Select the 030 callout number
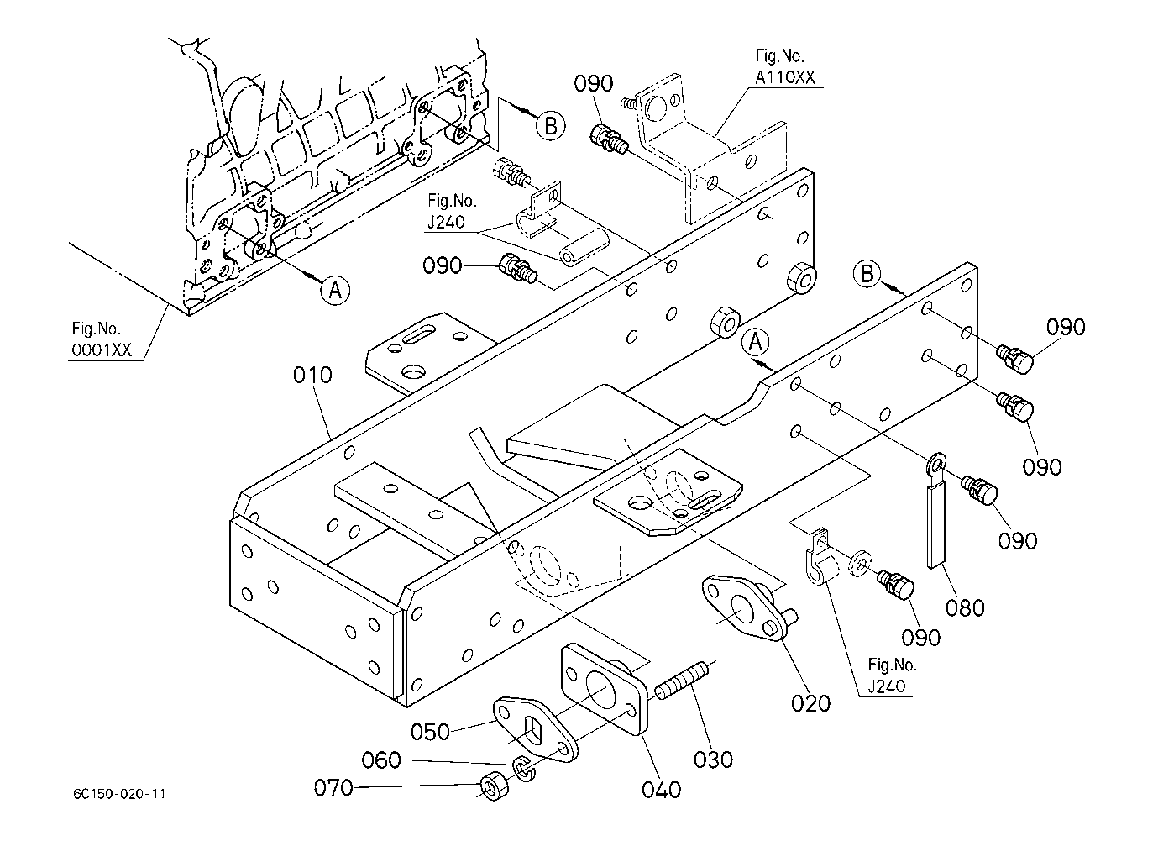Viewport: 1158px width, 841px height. pos(713,759)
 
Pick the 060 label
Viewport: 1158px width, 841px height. pos(381,761)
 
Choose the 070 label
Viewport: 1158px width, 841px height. pos(333,787)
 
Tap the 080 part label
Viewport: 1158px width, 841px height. pos(965,606)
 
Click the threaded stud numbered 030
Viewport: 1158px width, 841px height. pos(683,679)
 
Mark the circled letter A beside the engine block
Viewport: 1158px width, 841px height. pos(334,289)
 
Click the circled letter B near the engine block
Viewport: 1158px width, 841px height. pos(550,125)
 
